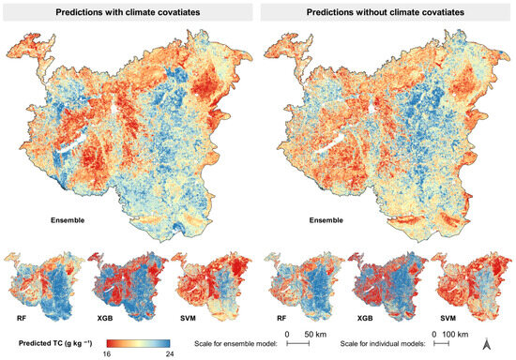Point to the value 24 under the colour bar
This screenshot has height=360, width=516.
tap(167, 353)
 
